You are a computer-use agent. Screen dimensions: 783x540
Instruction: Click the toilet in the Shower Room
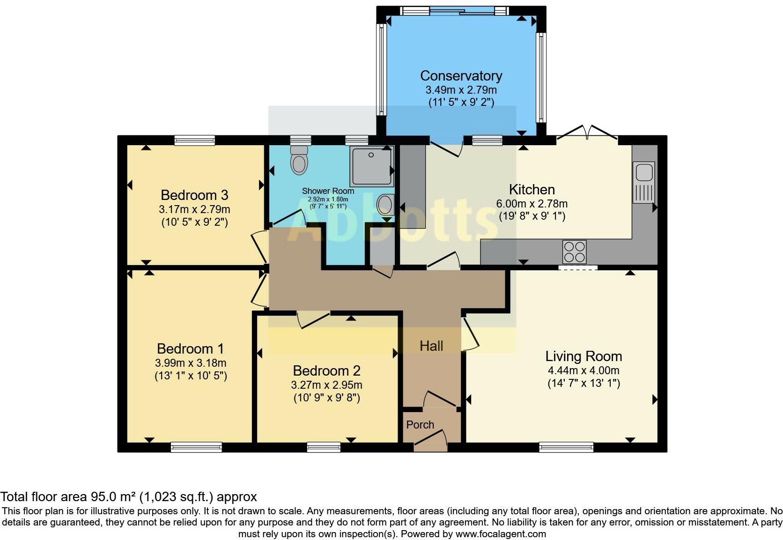click(299, 160)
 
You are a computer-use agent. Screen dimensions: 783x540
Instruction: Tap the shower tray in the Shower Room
click(371, 166)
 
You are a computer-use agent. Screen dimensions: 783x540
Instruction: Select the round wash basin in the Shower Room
click(385, 205)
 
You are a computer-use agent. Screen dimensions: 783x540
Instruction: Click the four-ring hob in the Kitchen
click(574, 252)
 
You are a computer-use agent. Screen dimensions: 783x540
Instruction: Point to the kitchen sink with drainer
click(643, 182)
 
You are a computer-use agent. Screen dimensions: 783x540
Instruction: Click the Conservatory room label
click(461, 75)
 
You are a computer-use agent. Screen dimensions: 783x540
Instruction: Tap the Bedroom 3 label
click(194, 195)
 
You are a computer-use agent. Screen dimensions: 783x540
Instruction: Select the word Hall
click(431, 346)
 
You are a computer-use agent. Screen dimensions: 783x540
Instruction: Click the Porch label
click(420, 424)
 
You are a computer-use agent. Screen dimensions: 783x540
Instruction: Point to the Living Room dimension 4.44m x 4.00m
click(584, 370)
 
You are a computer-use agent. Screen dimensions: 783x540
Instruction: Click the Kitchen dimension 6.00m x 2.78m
click(532, 203)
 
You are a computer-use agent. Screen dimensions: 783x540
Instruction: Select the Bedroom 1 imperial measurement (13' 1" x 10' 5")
click(191, 376)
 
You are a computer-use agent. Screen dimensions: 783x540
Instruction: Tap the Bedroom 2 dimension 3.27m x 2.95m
click(326, 385)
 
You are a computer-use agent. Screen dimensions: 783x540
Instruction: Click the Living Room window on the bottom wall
click(566, 447)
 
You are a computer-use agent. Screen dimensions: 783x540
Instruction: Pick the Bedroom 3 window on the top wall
click(195, 141)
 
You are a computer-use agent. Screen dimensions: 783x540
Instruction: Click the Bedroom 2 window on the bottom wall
click(324, 447)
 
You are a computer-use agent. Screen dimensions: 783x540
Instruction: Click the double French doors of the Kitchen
click(587, 133)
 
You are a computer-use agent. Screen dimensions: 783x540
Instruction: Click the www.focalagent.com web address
click(501, 534)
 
